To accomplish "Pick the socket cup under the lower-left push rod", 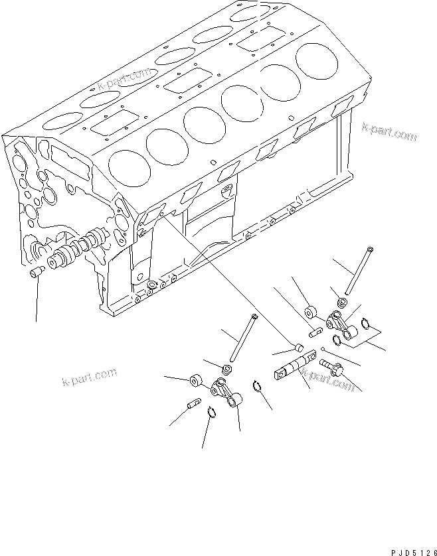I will point(226,368).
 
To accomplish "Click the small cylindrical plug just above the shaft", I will point(299,346).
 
